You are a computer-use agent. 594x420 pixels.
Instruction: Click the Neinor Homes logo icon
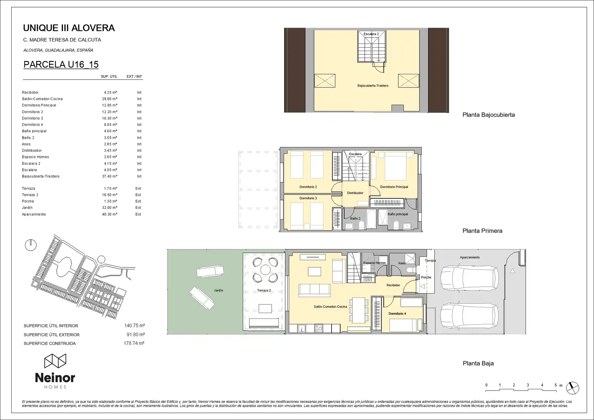pos(55,361)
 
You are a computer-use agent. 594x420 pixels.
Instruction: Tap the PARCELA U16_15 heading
pos(61,65)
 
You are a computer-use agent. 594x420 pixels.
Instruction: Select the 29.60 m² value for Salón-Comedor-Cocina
pos(110,99)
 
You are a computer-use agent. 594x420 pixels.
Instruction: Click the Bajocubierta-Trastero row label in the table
pos(40,176)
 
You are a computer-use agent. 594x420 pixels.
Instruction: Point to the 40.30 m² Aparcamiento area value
pos(110,214)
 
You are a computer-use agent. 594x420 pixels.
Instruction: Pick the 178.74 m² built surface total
pos(134,343)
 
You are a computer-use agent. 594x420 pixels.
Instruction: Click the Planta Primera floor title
pos(482,231)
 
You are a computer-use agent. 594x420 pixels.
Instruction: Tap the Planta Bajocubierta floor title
pos(489,115)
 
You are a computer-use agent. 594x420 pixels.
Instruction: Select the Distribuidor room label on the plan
pos(355,193)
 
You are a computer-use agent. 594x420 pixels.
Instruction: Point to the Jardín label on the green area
pos(218,290)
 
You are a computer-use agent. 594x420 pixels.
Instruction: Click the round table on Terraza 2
pos(265,270)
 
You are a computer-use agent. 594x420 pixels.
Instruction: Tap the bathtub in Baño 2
pos(371,219)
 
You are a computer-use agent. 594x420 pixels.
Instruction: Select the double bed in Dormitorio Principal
pos(395,166)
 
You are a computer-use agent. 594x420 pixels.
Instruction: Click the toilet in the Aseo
pos(411,270)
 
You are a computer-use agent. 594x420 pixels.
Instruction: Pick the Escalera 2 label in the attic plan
pos(371,34)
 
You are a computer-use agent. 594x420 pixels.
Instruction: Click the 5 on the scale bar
pos(556,385)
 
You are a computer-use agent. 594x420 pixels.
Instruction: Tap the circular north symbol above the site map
pos(31,245)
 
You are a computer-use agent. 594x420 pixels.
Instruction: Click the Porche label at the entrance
pos(426,277)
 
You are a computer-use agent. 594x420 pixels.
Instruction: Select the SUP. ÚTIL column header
pos(109,76)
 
